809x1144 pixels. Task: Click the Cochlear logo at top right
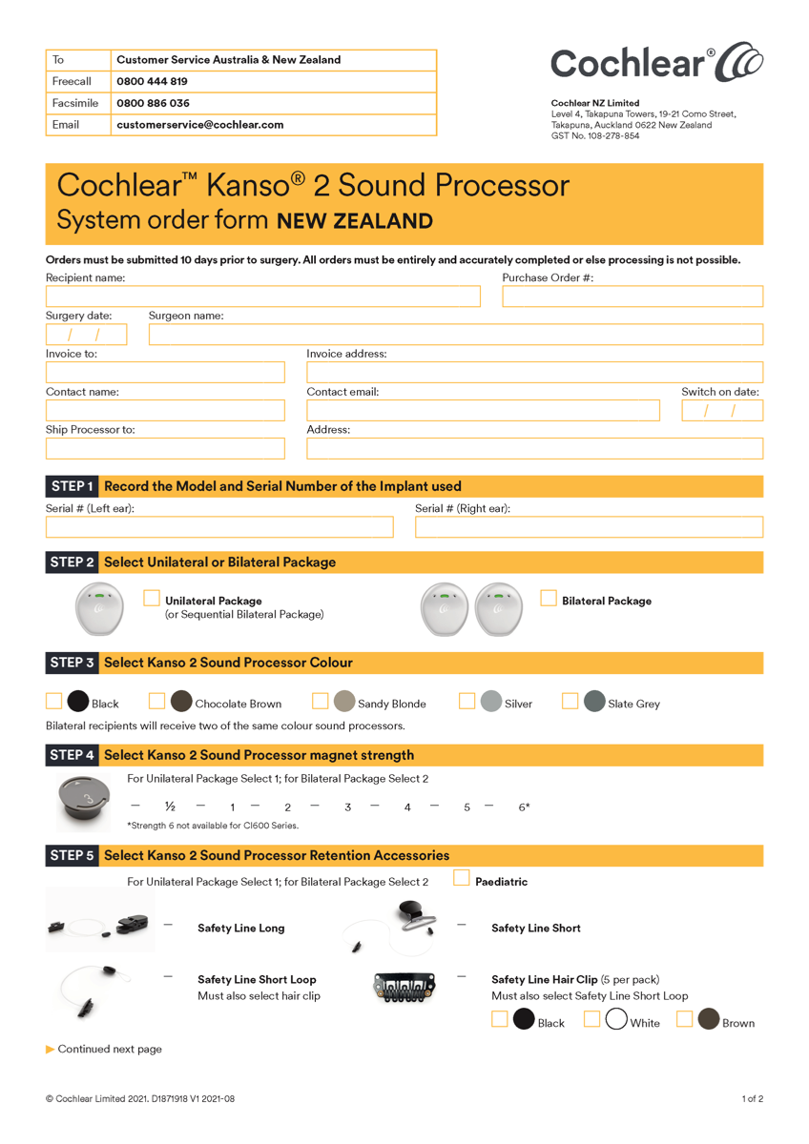point(656,63)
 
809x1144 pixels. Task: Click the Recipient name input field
point(262,296)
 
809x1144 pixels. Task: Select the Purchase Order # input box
point(633,296)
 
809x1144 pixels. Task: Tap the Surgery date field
point(86,335)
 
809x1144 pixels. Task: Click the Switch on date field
point(722,411)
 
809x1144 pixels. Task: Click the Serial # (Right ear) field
point(589,526)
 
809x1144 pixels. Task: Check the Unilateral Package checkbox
point(152,599)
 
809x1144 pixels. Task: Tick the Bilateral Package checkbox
point(549,599)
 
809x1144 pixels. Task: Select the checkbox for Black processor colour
point(54,702)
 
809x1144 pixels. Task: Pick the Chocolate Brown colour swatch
point(181,703)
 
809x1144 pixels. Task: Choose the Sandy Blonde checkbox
point(321,702)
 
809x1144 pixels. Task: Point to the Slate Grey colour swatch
point(594,703)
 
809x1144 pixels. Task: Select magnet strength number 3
point(348,807)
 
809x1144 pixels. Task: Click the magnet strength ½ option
point(170,807)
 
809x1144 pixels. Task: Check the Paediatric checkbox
point(462,878)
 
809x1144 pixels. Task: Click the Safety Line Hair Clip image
point(404,988)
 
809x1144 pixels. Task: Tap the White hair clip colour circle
point(616,1020)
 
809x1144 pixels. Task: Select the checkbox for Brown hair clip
point(684,1019)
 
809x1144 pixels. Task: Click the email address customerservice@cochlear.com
point(200,125)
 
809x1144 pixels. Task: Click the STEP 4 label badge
point(73,755)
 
